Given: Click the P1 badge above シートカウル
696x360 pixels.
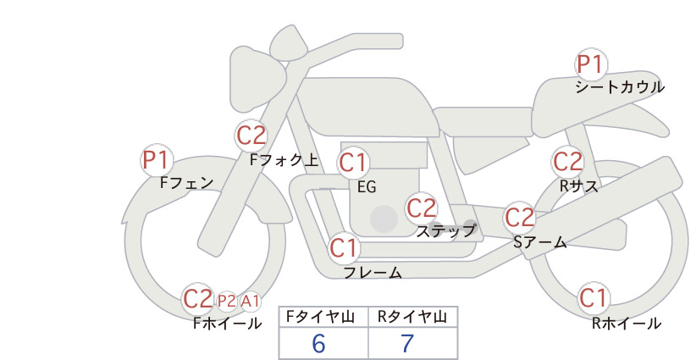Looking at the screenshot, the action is click(x=591, y=64).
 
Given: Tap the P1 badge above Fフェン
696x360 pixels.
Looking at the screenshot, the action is click(x=157, y=160).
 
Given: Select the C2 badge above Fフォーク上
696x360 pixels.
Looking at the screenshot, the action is click(x=251, y=136).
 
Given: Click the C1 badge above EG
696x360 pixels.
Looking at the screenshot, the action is click(x=353, y=163).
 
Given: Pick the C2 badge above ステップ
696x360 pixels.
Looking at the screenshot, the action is click(x=421, y=208).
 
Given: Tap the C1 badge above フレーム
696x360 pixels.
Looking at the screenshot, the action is click(x=344, y=247).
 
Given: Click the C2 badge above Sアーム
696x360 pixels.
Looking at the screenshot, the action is click(x=519, y=218).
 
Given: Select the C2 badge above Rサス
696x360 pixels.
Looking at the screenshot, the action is click(x=567, y=162).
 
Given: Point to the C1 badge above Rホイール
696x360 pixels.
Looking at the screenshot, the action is click(x=593, y=298).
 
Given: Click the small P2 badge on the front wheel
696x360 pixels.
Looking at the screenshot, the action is click(x=226, y=302).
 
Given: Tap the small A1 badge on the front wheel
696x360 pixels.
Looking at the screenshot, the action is click(x=251, y=302).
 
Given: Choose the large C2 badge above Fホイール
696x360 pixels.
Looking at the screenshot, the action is click(x=197, y=299).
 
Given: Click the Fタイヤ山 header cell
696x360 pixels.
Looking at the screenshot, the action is click(x=323, y=317).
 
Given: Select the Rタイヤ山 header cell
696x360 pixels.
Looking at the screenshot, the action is click(x=413, y=317).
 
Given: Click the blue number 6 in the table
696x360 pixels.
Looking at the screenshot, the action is click(x=318, y=343).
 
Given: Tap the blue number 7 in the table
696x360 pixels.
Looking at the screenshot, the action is click(x=407, y=343).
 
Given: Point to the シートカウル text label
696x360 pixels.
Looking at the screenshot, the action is click(x=620, y=87).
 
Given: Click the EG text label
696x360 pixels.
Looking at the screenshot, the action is click(x=367, y=187).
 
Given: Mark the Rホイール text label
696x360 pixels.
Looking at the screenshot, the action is click(x=627, y=324).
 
